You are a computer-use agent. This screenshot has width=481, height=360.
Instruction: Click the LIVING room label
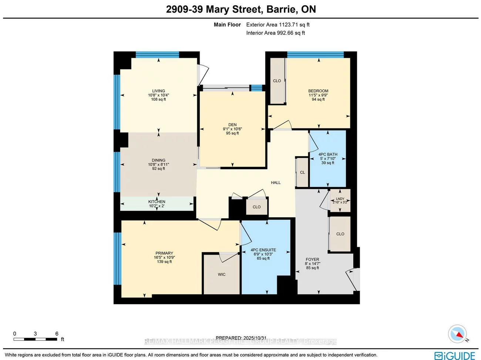[158, 91]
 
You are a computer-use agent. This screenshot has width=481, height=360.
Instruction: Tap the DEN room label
[232, 125]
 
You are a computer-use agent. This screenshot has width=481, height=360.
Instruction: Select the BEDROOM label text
[318, 91]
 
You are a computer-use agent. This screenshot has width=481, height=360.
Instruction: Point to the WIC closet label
[222, 275]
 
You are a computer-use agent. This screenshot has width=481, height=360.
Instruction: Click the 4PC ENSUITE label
[263, 250]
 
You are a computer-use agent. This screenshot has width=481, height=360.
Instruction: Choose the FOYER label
[312, 260]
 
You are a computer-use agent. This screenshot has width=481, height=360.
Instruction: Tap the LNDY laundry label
[340, 199]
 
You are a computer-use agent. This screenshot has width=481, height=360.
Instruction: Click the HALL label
[276, 183]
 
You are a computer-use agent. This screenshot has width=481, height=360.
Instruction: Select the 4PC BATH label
[328, 155]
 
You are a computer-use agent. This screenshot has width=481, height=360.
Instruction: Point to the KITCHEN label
[157, 202]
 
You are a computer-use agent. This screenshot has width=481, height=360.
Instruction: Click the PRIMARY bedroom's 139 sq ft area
[164, 262]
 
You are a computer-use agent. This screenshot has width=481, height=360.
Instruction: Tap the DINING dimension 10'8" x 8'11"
[158, 165]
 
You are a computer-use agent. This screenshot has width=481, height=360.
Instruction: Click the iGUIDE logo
[455, 355]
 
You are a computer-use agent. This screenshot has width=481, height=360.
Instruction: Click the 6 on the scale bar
[57, 334]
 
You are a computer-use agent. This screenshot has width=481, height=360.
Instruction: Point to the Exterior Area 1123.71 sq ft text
[278, 25]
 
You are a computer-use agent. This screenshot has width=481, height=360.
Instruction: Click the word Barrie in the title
[282, 9]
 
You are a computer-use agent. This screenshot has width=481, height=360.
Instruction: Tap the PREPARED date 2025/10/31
[255, 338]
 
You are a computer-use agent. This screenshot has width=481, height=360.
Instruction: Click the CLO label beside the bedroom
[277, 81]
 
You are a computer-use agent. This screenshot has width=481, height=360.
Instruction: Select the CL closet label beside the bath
[302, 172]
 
